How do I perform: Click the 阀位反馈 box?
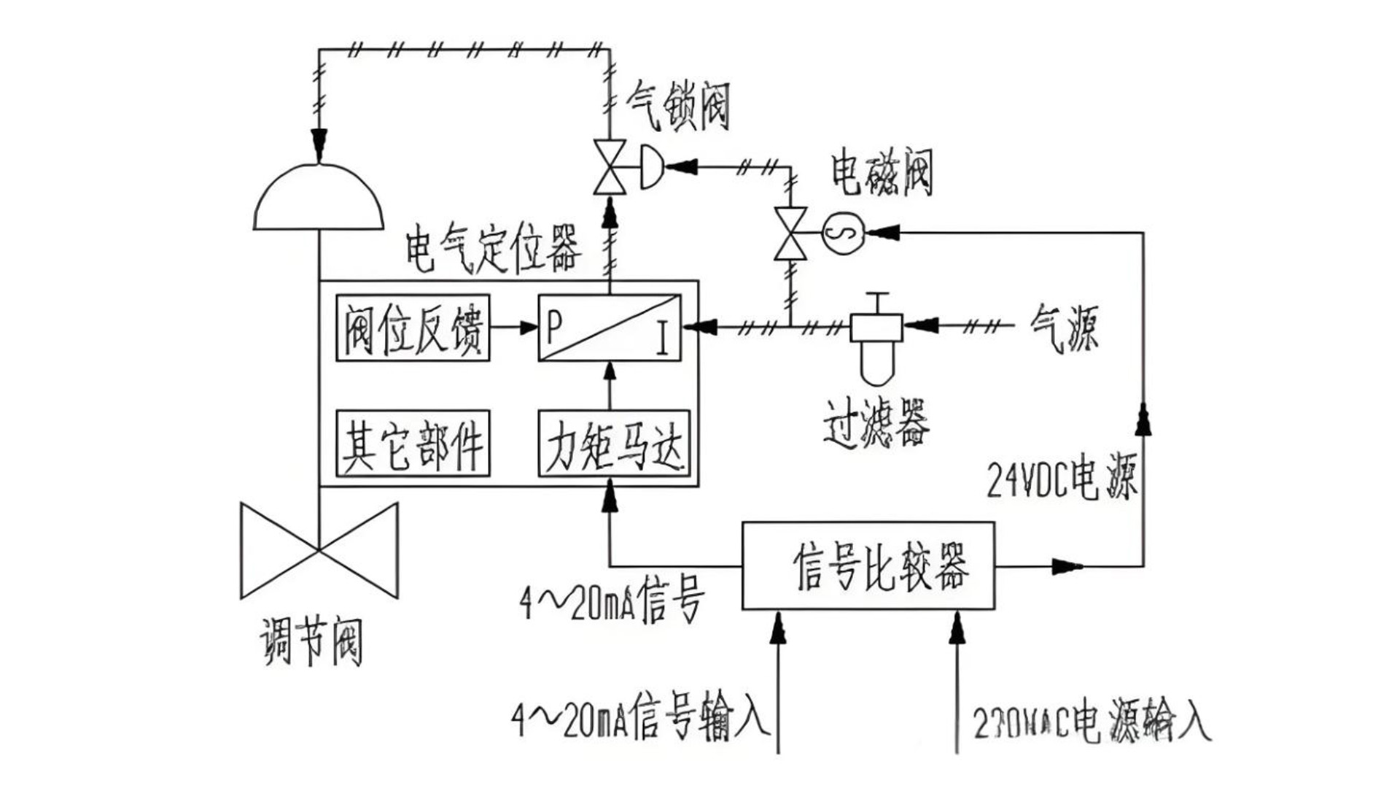tap(413, 328)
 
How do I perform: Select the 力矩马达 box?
tap(614, 444)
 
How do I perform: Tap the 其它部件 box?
tap(413, 444)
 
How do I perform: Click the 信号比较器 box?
tap(868, 565)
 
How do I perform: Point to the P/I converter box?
tap(610, 328)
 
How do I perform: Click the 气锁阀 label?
tap(678, 106)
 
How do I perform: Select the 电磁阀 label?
tap(882, 173)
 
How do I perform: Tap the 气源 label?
tap(1065, 328)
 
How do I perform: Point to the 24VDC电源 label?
tap(1062, 478)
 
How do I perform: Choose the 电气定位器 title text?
tap(494, 250)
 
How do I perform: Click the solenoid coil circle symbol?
tap(843, 233)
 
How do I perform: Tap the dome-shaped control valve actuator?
tap(319, 197)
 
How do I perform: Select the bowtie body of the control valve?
tap(319, 551)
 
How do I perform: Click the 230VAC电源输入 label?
tap(1091, 722)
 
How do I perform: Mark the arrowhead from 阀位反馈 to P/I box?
tap(528, 328)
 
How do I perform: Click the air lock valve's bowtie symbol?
tap(610, 167)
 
